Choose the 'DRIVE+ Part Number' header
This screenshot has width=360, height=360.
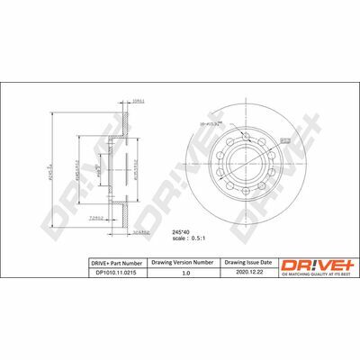pos(112,262)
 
